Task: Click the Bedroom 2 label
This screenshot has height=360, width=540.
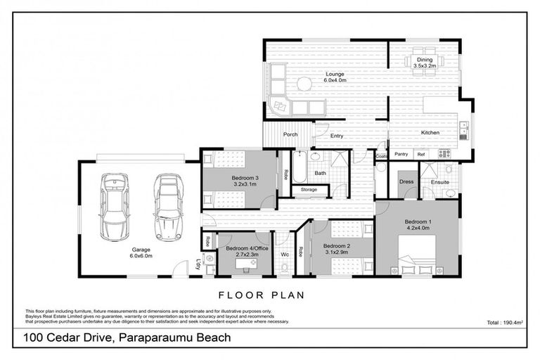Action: [335, 250]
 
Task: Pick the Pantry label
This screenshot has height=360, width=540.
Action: [401, 154]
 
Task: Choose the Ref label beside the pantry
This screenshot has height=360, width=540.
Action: [421, 154]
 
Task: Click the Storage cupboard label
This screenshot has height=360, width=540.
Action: [309, 189]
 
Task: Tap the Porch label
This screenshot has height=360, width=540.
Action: [290, 134]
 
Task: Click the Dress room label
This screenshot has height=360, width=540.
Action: [406, 181]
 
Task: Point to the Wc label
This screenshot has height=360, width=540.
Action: [285, 254]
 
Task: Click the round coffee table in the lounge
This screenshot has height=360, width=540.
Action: [303, 84]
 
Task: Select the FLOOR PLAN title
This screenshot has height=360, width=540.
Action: [262, 295]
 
